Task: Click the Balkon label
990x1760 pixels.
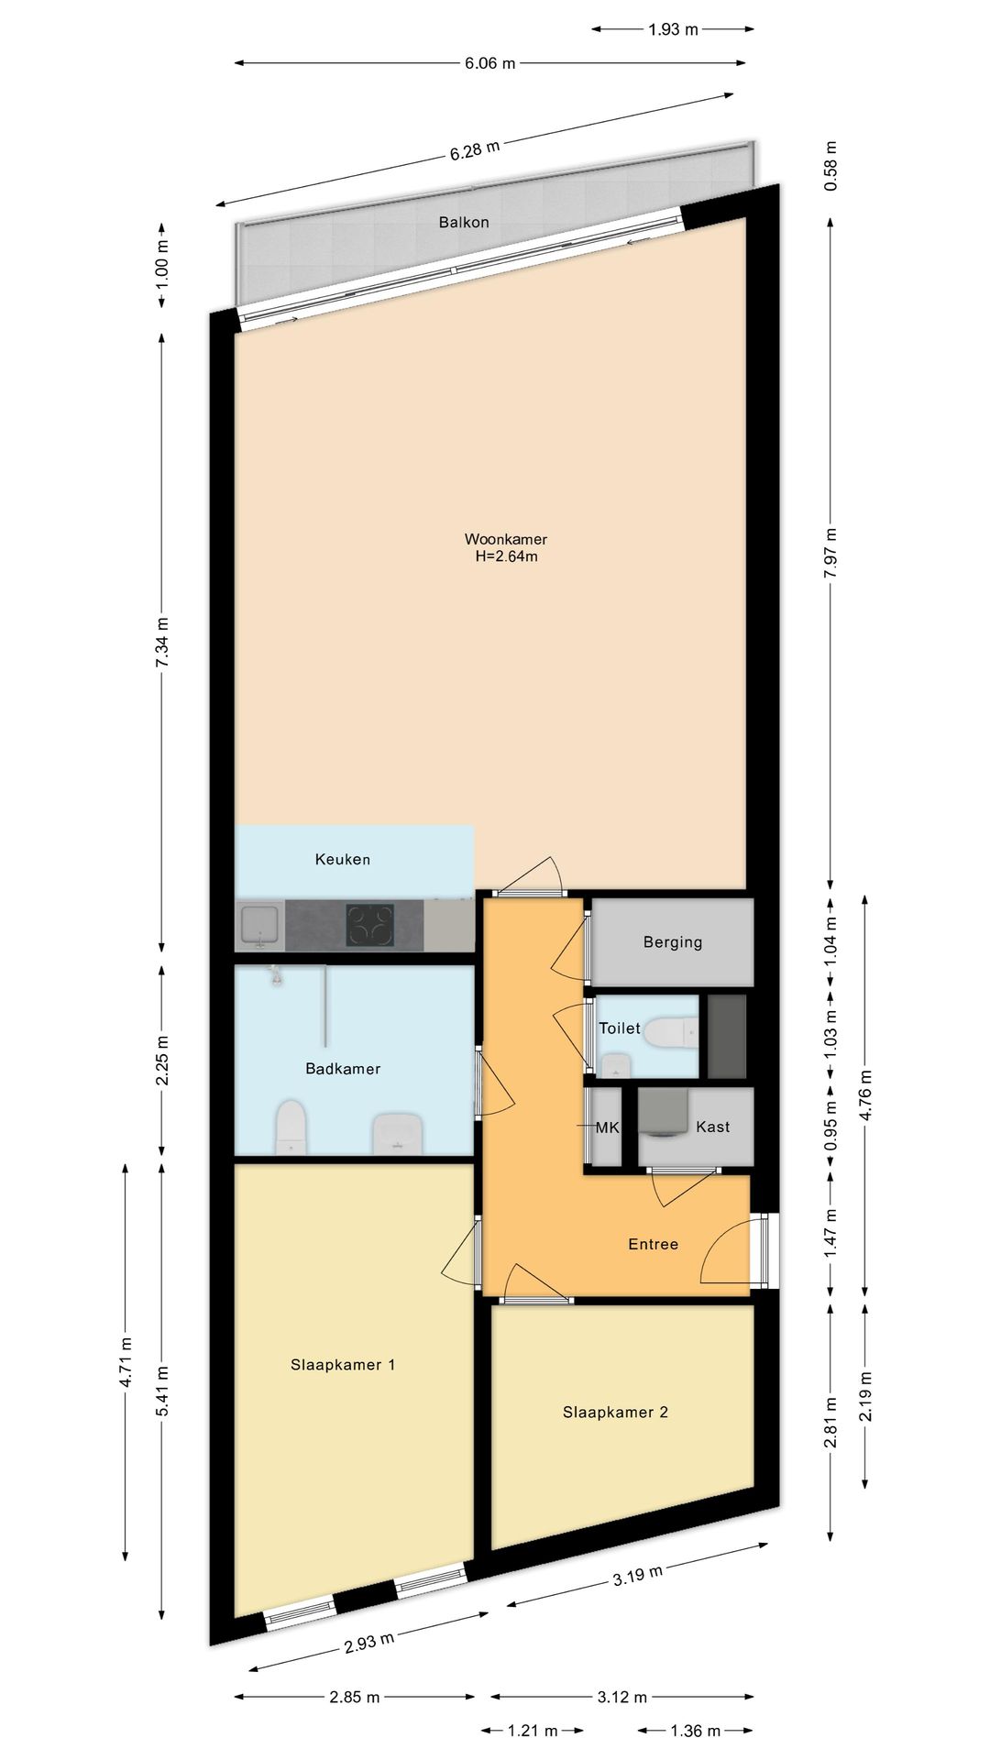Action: point(464,223)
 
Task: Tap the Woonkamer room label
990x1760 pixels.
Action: point(506,539)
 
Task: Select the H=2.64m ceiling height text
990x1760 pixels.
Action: point(506,556)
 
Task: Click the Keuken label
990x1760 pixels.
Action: point(343,860)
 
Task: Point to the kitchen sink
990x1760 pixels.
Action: point(260,925)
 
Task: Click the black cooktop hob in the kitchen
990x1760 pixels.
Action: point(369,925)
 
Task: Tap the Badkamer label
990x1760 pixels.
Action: point(343,1069)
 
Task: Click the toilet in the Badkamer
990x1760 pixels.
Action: point(291,1127)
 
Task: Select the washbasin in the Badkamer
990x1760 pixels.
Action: point(398,1133)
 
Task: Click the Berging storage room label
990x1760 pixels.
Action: point(673,942)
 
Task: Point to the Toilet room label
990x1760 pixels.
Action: point(620,1028)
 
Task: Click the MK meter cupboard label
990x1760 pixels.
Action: point(608,1128)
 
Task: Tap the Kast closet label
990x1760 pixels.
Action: point(713,1127)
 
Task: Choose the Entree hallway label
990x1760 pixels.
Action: point(654,1245)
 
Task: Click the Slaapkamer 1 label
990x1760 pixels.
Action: point(343,1365)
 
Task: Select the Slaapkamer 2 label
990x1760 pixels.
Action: point(615,1413)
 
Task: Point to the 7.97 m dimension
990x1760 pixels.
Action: point(830,553)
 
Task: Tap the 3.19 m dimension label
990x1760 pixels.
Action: point(637,1576)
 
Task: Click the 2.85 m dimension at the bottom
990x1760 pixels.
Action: point(355,1698)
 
